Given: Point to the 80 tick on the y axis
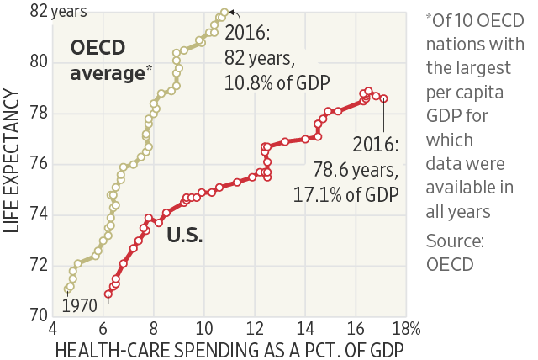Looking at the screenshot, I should point(40,61).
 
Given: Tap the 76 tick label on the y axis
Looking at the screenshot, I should point(40,164).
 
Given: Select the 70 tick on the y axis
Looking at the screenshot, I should point(40,315).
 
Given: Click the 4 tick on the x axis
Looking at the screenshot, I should point(54,327).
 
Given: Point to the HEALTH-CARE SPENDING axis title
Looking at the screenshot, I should point(226,348).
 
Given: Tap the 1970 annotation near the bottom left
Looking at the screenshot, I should point(81,304).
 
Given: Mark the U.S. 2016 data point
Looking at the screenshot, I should point(383,98).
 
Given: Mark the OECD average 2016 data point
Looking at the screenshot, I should point(224,12).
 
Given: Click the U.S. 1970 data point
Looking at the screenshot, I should point(108,294).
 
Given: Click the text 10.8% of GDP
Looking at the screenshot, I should point(276,82).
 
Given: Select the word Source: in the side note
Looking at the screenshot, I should point(454,241).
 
